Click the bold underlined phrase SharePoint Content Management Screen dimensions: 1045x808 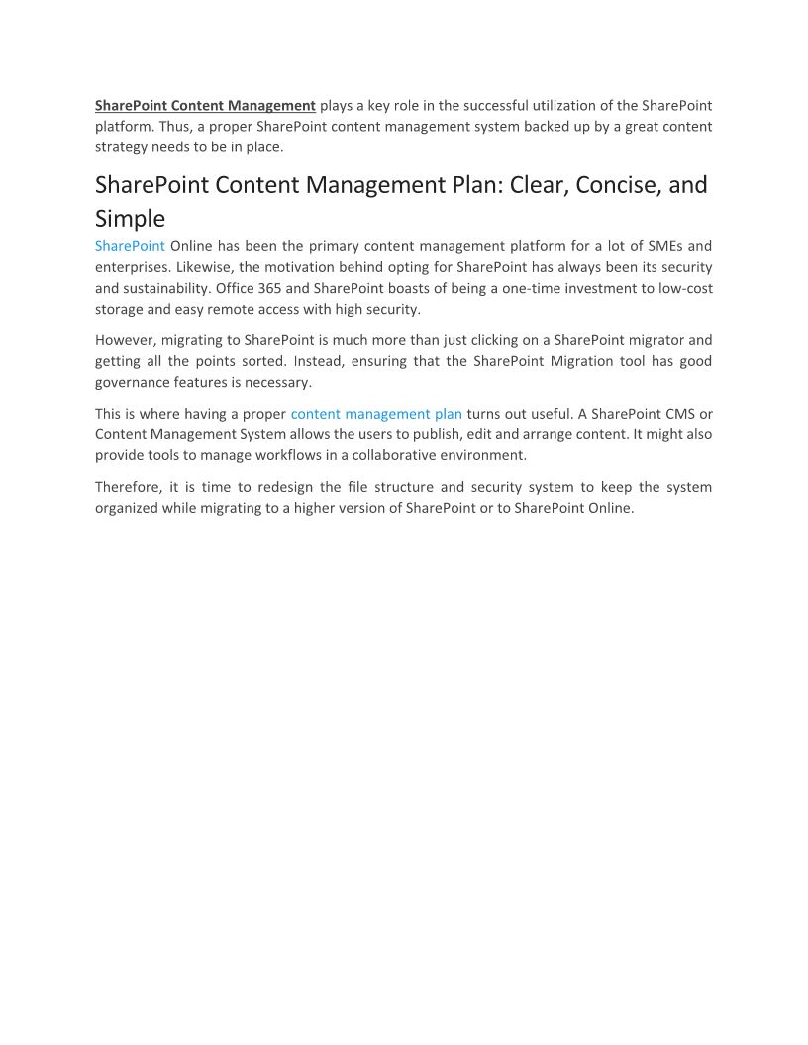tap(205, 105)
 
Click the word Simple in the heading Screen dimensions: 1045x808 tap(130, 218)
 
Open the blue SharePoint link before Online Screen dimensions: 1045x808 tap(130, 246)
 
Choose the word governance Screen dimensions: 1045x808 tap(134, 382)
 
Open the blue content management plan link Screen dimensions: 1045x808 tap(376, 414)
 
